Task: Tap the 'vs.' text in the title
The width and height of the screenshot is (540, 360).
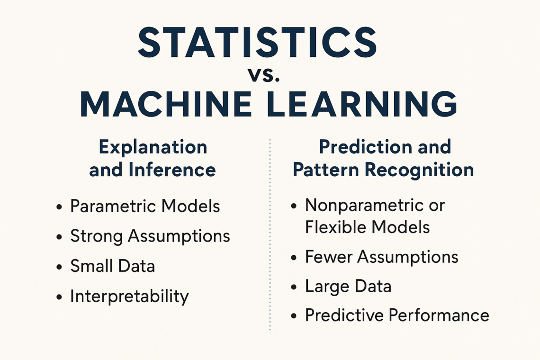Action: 264,75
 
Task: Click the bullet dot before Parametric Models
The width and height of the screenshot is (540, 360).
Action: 59,207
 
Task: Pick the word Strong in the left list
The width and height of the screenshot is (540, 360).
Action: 97,237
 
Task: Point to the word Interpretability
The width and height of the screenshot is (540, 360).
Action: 129,296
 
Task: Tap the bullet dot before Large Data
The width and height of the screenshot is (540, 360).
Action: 294,287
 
